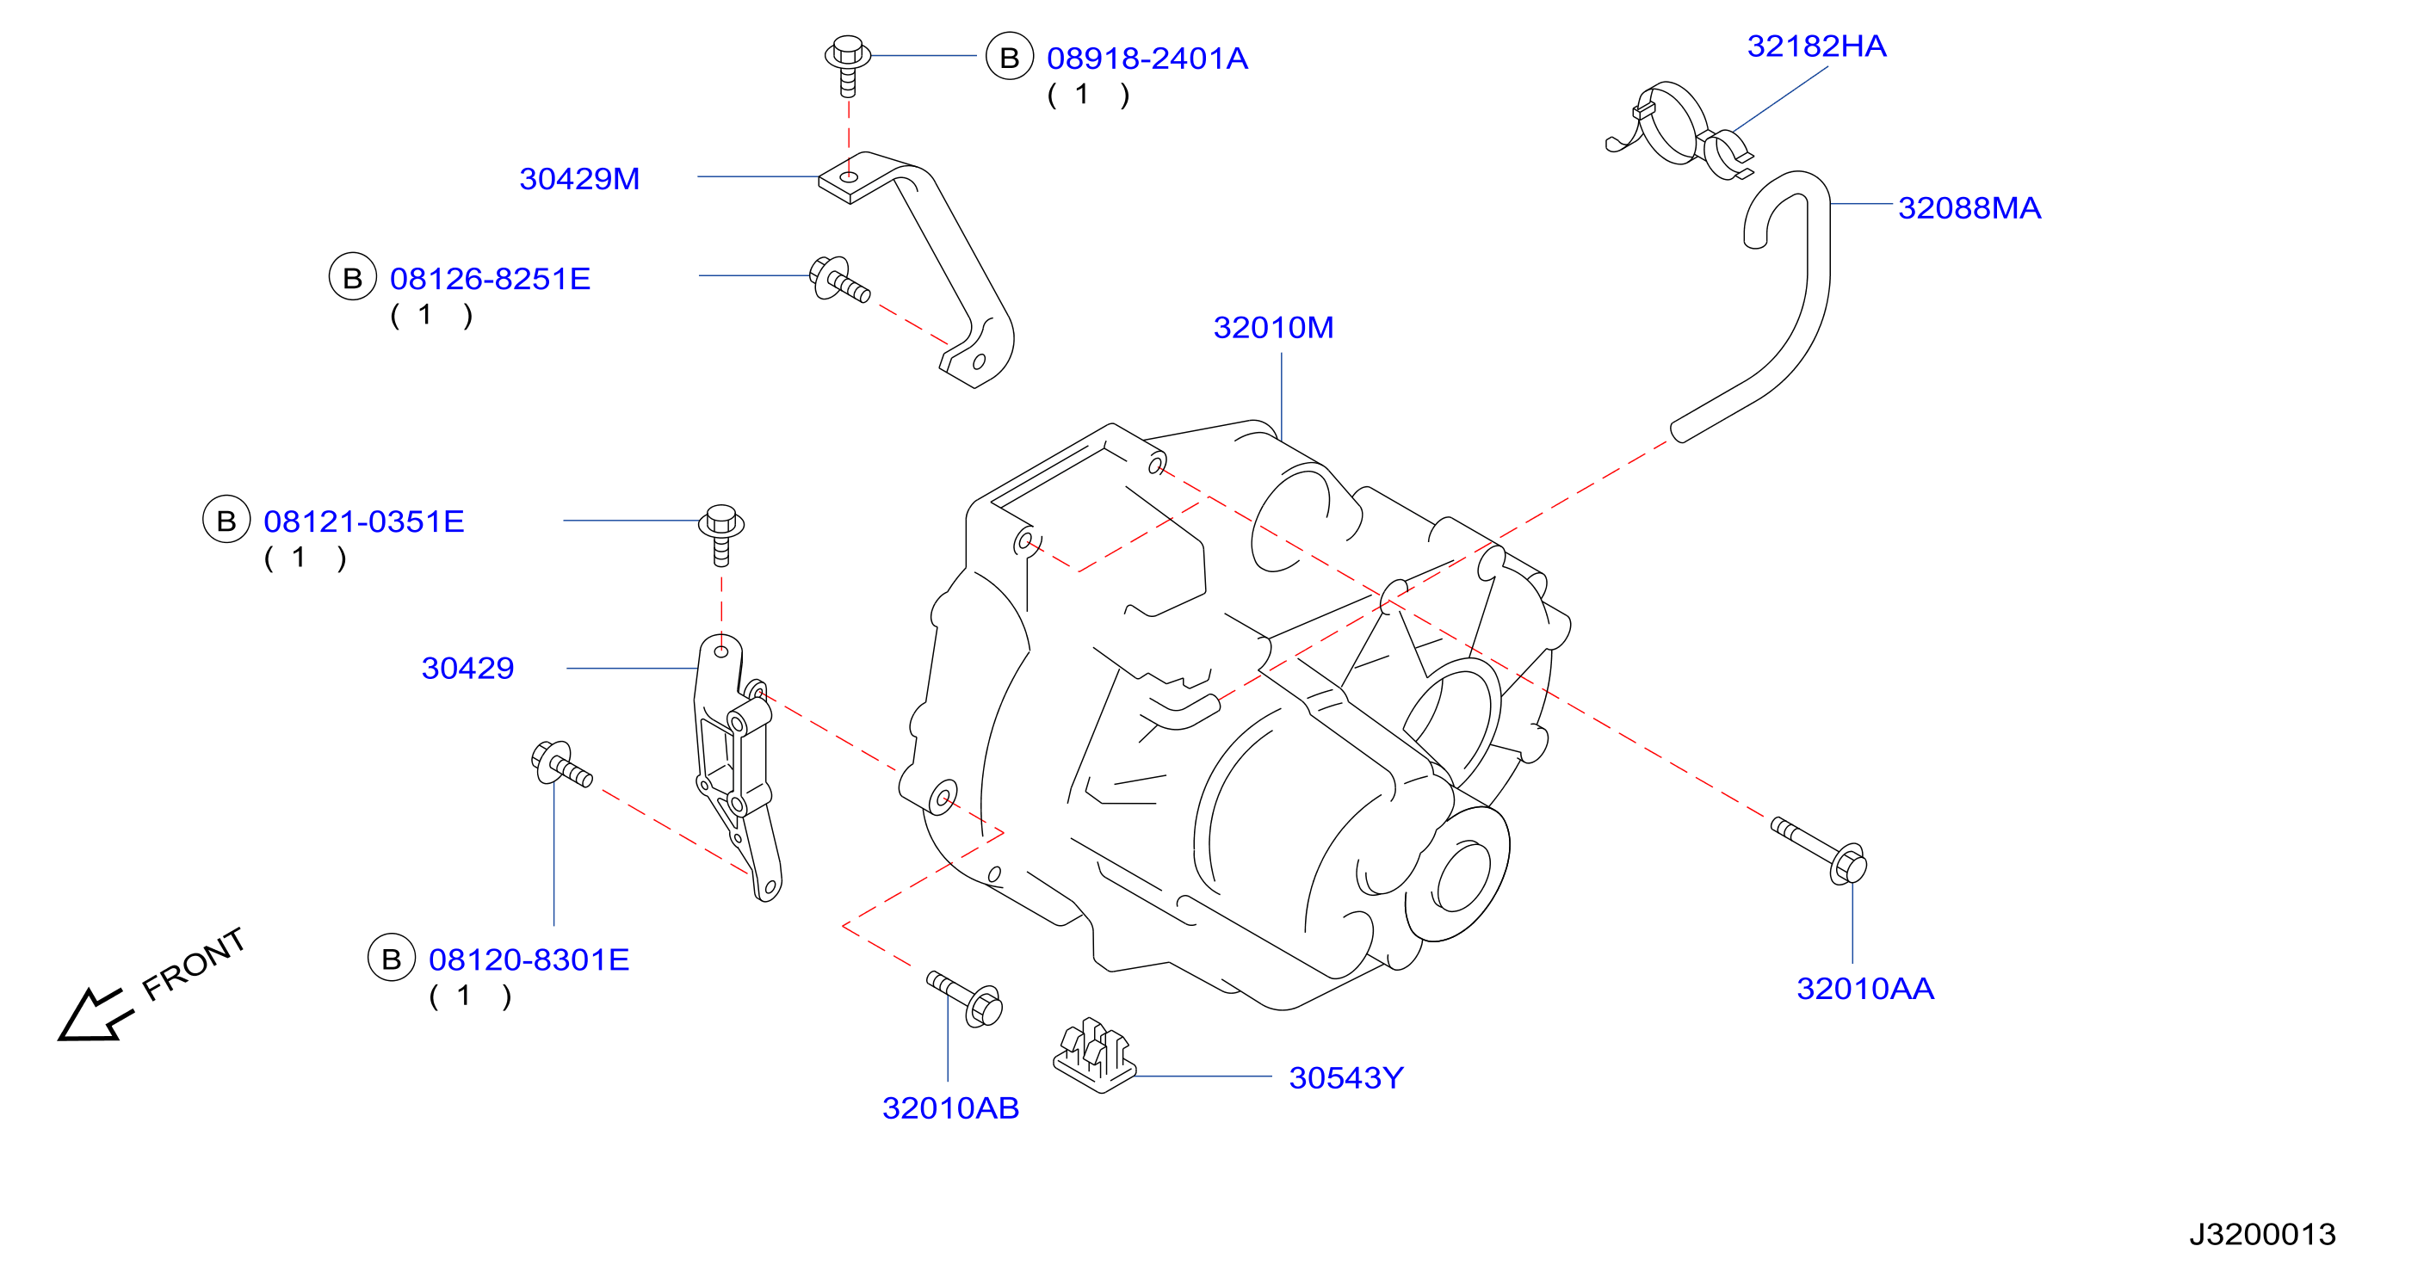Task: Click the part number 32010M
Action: [1272, 327]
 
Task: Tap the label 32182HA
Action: [1816, 46]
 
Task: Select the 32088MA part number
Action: [1969, 207]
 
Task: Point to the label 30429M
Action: [579, 178]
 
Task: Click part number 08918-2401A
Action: [1147, 59]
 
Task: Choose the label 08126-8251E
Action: [490, 278]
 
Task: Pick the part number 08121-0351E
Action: [363, 521]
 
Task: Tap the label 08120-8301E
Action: [529, 959]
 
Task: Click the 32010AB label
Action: [950, 1107]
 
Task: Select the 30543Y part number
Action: [1346, 1077]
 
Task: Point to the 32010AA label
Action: [1865, 989]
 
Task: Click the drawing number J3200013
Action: [2262, 1234]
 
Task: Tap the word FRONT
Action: [194, 963]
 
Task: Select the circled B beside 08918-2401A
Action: [1010, 57]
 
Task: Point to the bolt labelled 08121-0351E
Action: [721, 534]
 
